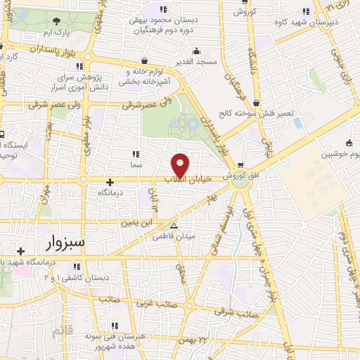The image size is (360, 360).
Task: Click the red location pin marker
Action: pyautogui.click(x=181, y=165)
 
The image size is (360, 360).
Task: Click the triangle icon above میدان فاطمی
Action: pyautogui.click(x=174, y=226)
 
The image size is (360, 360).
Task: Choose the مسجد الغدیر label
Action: pyautogui.click(x=196, y=62)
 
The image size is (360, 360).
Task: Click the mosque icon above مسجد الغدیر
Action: pyautogui.click(x=196, y=51)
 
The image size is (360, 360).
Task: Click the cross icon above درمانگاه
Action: pyautogui.click(x=110, y=182)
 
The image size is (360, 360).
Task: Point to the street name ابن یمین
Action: pyautogui.click(x=136, y=222)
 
